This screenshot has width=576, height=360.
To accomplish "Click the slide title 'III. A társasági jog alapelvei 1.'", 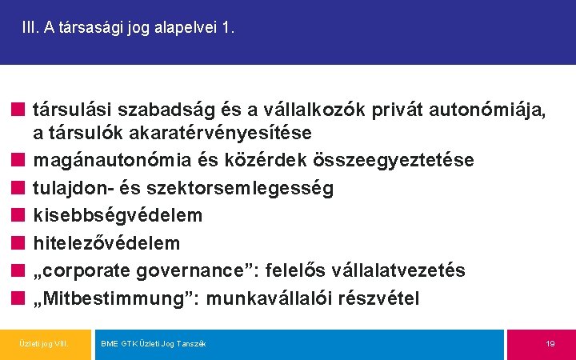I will click(128, 28).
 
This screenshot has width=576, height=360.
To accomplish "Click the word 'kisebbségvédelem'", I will click(117, 215).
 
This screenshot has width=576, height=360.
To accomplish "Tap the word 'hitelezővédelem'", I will click(106, 242).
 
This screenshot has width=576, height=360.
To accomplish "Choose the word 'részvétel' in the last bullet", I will click(379, 298).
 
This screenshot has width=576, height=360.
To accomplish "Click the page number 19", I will click(550, 343).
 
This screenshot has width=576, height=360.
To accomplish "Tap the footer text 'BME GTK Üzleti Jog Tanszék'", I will click(153, 343).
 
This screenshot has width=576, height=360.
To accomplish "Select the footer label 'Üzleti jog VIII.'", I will click(43, 343).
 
